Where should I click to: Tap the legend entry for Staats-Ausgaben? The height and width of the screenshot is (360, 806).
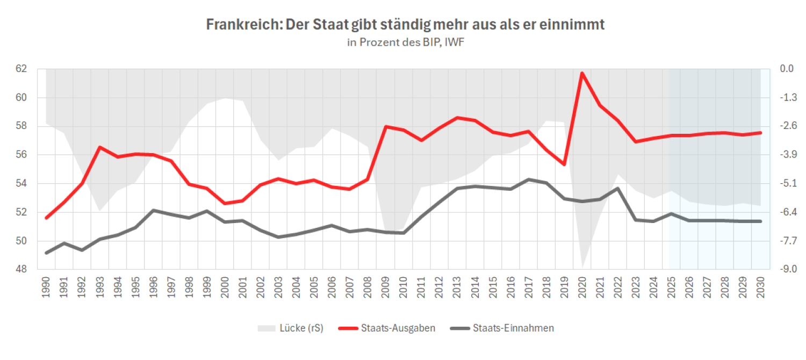tap(397, 328)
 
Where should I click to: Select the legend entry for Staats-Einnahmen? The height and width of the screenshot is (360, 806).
tap(513, 328)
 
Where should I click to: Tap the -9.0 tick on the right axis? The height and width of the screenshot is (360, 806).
tap(786, 269)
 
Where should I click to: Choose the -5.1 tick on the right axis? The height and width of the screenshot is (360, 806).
tap(786, 183)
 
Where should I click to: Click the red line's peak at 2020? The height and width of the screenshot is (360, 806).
tap(582, 73)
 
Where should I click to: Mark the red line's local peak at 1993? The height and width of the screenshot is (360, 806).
tap(99, 147)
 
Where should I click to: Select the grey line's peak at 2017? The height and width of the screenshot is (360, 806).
tap(528, 179)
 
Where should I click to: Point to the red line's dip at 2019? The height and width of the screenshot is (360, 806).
tap(564, 164)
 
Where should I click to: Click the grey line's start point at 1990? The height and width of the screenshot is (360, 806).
tap(46, 253)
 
